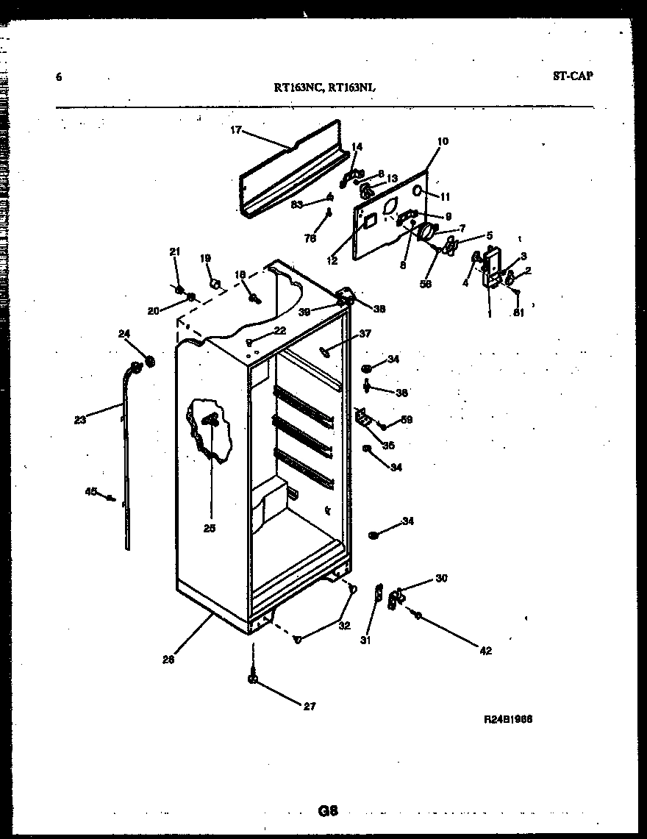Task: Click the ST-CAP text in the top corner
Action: coord(572,75)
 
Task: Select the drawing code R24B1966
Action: coord(507,720)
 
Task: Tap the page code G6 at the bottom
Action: coord(327,811)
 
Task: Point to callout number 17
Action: coord(235,130)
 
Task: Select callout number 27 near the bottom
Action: coord(310,707)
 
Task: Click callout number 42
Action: coord(485,650)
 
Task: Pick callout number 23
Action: coord(80,420)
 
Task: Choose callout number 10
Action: coord(443,141)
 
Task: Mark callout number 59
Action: coord(407,421)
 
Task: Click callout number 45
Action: coord(90,491)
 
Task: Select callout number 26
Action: coord(168,660)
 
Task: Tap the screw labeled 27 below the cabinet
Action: coord(254,678)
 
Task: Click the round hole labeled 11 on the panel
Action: coord(417,190)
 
